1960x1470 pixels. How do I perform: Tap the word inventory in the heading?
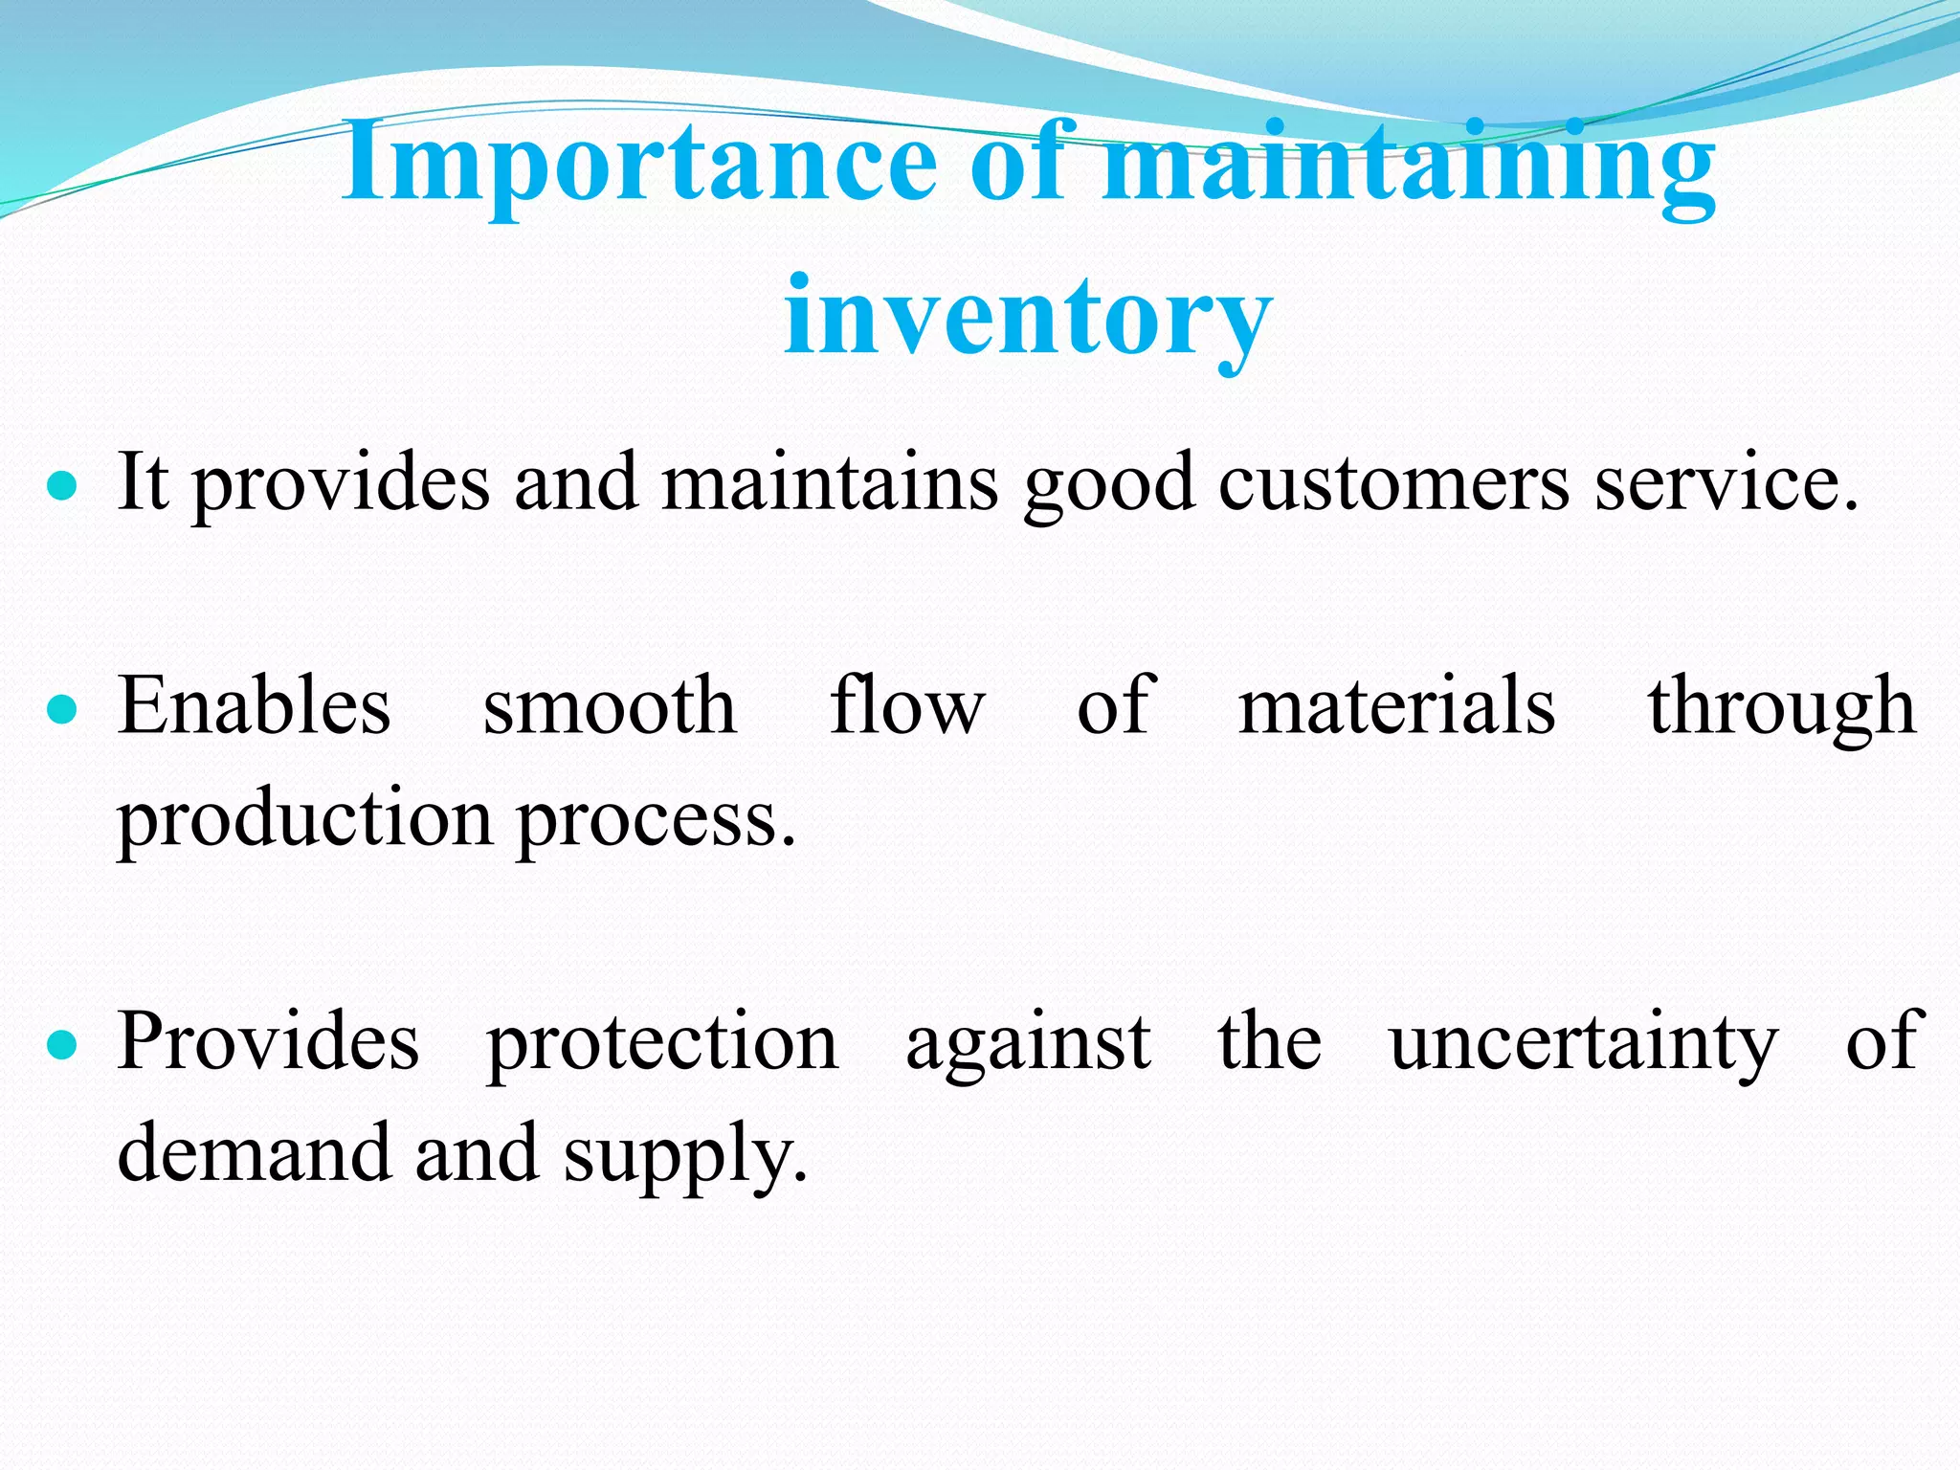point(1028,316)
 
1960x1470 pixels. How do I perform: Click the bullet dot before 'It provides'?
point(62,485)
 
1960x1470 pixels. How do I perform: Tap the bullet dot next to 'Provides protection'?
point(62,1045)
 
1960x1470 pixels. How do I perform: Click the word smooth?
point(610,706)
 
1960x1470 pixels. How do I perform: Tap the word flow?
point(906,706)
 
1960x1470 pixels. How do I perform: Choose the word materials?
point(1396,706)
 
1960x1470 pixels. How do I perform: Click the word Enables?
point(255,706)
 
